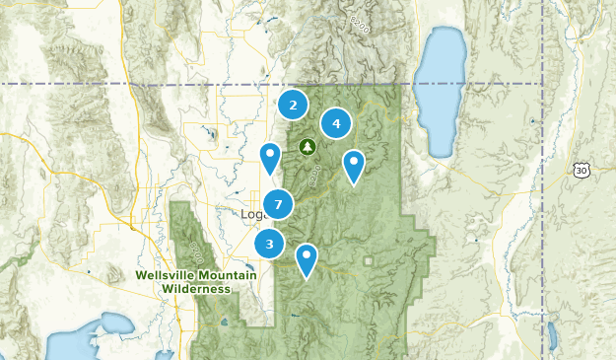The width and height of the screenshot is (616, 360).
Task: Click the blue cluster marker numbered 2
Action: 293,104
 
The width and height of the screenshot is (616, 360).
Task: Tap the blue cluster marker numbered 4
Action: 337,123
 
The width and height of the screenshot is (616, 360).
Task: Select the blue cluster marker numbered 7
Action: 279,204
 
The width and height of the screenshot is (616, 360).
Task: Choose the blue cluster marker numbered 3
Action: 269,243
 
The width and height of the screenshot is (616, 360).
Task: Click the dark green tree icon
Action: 308,147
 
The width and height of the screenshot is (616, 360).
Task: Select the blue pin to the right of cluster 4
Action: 353,164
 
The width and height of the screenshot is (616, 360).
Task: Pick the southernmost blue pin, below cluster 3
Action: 308,258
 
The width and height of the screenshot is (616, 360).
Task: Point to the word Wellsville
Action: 168,275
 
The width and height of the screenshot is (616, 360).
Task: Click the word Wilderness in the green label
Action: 197,289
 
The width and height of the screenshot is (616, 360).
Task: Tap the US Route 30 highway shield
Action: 582,171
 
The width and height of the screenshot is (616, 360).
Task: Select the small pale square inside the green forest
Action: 368,261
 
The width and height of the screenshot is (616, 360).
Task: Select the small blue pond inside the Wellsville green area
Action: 226,321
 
